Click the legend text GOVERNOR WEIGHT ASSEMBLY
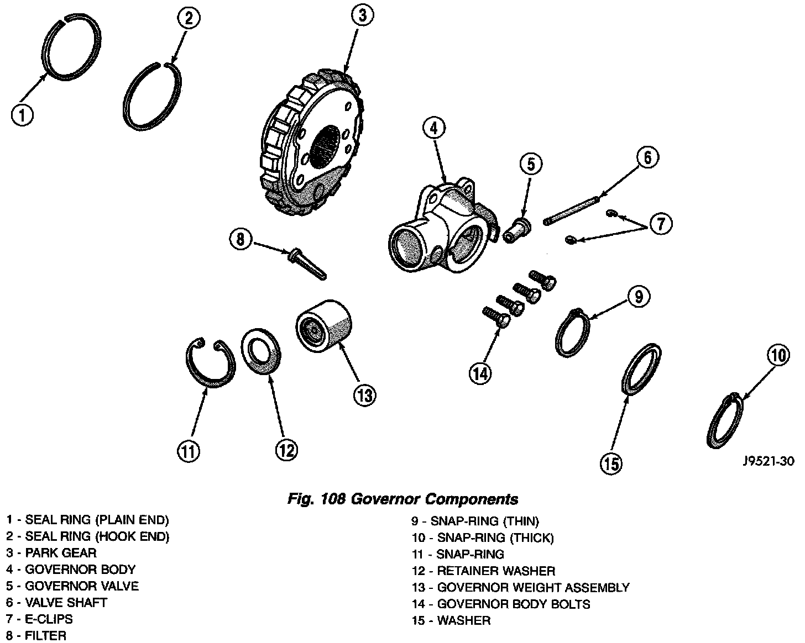click(533, 588)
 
